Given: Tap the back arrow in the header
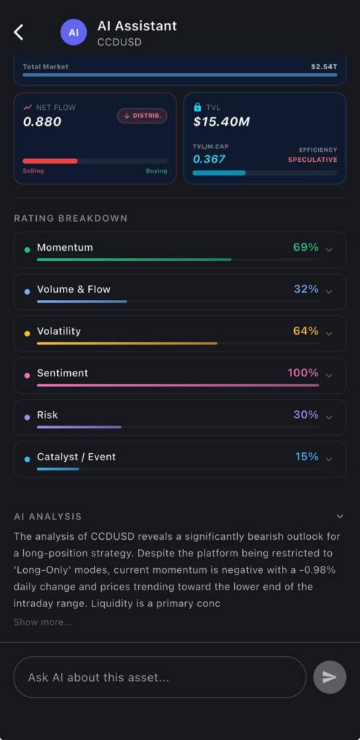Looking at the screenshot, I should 19,32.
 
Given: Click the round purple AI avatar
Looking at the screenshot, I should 73,32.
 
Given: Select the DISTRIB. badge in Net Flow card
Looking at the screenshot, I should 142,116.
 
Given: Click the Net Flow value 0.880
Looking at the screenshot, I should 42,121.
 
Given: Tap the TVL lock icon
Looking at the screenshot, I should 197,107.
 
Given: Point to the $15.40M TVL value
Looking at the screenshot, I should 221,121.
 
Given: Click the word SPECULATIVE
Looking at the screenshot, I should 312,160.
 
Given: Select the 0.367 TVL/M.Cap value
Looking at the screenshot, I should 209,159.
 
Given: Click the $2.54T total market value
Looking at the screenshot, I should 323,66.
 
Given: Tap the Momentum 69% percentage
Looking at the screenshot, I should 306,247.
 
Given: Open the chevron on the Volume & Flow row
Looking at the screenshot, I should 330,291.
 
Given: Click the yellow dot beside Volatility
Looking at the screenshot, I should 27,334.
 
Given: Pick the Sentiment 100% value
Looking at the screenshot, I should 303,373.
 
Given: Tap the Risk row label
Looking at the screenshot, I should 48,415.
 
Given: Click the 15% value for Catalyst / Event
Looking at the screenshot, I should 307,457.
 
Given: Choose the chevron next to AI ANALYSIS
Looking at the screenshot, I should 340,516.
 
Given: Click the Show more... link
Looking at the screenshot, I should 43,622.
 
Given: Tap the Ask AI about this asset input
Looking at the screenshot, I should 160,677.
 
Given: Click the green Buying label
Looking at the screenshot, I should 156,171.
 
